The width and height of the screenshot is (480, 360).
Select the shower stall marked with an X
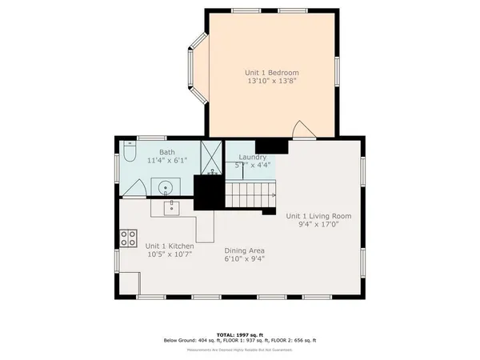[x=212, y=156]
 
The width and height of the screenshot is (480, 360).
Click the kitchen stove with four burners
[x=128, y=238]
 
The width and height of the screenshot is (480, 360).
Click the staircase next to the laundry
[x=250, y=194]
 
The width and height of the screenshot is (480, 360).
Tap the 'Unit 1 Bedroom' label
[x=272, y=74]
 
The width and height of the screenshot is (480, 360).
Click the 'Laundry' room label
[x=253, y=157]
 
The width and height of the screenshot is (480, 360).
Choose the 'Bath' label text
[x=166, y=152]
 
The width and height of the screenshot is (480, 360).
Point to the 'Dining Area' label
[x=244, y=250]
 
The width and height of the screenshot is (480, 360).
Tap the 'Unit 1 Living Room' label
[x=318, y=216]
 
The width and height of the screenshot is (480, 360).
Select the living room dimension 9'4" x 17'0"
[x=318, y=225]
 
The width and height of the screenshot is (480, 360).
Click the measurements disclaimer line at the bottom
[x=239, y=349]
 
